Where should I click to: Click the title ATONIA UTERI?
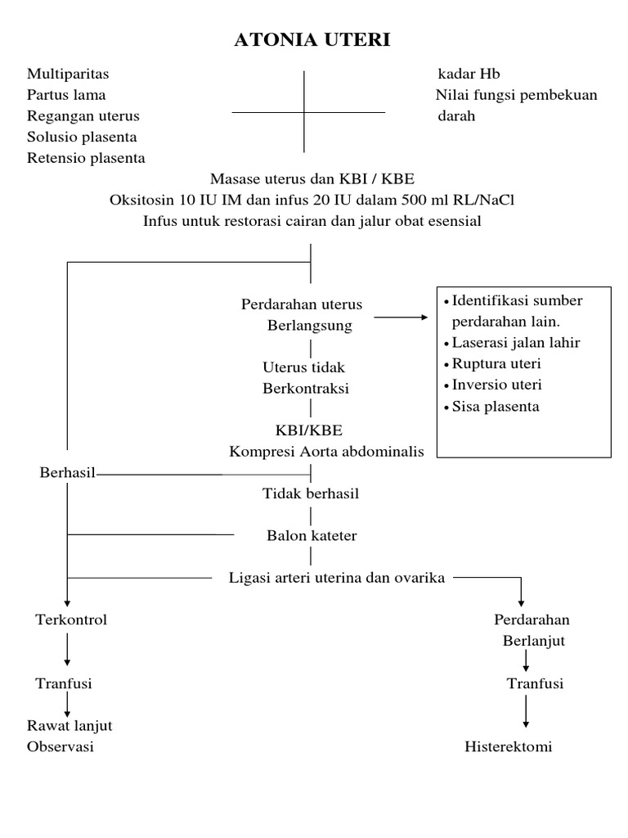[312, 40]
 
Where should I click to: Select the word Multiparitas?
[67, 74]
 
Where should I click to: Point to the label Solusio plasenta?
[82, 137]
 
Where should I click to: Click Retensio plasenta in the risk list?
[86, 158]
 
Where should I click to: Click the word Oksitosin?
[139, 200]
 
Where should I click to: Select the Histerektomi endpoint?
[509, 746]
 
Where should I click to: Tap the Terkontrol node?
[71, 619]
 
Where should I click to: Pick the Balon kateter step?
[312, 536]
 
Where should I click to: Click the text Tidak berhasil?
[311, 493]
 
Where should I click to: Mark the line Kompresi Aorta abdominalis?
[327, 452]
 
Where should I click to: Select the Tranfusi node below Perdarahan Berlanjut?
[535, 683]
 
